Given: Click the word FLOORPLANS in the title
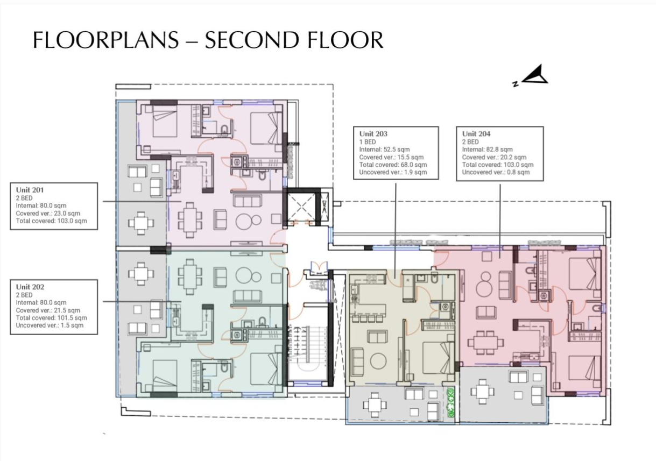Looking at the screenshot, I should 105,41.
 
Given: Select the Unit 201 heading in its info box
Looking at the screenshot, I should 30,190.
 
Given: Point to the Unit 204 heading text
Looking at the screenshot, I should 476,133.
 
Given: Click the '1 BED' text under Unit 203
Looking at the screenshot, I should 368,141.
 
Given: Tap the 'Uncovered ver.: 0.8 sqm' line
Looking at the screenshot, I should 496,172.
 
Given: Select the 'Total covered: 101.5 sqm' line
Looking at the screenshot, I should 51,317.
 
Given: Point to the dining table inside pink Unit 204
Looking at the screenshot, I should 485,342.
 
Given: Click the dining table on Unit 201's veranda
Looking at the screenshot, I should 141,223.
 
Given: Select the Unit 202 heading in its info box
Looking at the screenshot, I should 30,287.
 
